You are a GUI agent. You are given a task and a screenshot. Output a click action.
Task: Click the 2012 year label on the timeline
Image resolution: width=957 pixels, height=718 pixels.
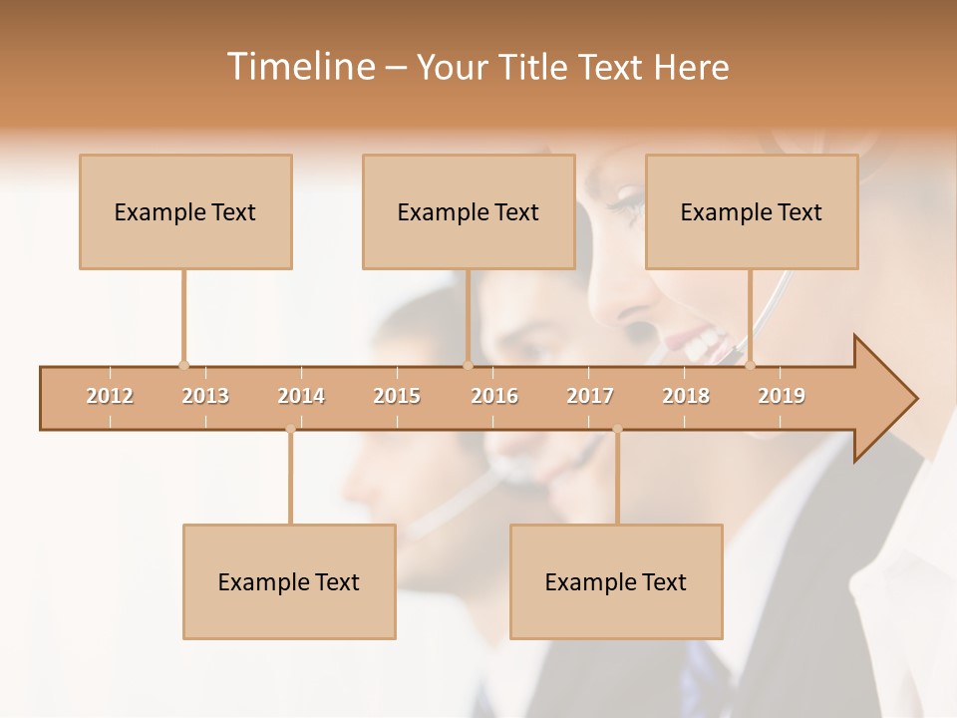pyautogui.click(x=110, y=396)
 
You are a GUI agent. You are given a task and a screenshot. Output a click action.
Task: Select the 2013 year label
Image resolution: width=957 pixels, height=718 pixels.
pyautogui.click(x=205, y=396)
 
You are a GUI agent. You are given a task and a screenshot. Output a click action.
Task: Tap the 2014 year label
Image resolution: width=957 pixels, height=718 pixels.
pyautogui.click(x=301, y=396)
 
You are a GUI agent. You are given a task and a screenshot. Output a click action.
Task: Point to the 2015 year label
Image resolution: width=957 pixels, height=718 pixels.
pyautogui.click(x=397, y=396)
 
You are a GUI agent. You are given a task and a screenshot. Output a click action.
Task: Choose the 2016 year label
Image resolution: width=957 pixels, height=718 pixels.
pyautogui.click(x=494, y=396)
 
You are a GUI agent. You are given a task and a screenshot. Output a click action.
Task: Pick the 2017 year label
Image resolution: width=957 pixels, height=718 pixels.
pyautogui.click(x=590, y=396)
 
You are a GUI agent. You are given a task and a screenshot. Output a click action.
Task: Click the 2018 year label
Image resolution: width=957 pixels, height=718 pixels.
pyautogui.click(x=686, y=396)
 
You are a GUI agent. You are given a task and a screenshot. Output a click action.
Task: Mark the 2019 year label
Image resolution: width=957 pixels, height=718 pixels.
pyautogui.click(x=782, y=396)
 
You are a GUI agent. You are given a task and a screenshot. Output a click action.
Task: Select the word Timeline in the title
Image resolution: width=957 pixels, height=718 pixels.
pyautogui.click(x=299, y=67)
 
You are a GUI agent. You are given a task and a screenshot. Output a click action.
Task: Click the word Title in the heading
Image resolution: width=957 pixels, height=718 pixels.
pyautogui.click(x=536, y=67)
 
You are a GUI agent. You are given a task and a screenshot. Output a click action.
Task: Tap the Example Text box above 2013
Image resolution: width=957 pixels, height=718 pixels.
pyautogui.click(x=185, y=211)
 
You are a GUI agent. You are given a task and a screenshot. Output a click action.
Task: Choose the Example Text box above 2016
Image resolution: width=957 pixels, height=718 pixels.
pyautogui.click(x=469, y=211)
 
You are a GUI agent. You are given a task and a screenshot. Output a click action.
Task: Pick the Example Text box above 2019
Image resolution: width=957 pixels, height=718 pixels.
pyautogui.click(x=752, y=211)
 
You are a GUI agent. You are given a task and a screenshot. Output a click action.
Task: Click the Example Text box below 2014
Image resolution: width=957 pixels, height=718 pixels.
pyautogui.click(x=289, y=581)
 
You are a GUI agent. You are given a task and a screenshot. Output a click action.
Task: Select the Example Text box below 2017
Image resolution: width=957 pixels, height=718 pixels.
pyautogui.click(x=616, y=581)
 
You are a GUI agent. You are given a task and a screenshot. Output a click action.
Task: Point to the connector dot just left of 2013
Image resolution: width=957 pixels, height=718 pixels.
pyautogui.click(x=183, y=365)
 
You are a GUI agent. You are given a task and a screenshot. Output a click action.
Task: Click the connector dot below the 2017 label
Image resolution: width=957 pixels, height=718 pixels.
pyautogui.click(x=617, y=430)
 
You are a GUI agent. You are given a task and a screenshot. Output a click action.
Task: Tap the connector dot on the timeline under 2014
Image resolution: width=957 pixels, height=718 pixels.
pyautogui.click(x=290, y=430)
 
